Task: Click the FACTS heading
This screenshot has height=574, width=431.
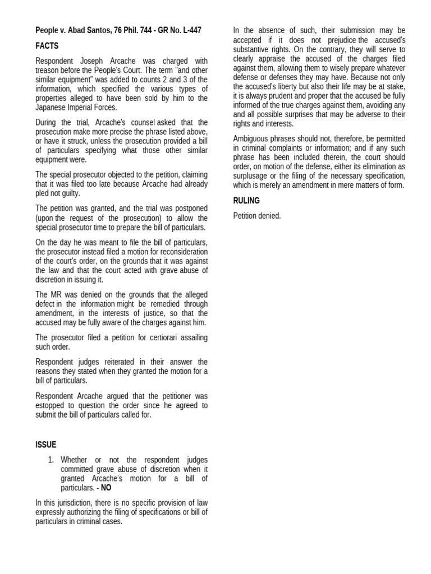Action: [x=47, y=46]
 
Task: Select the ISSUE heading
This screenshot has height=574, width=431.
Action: [x=45, y=445]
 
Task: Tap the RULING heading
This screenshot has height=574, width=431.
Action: [x=246, y=200]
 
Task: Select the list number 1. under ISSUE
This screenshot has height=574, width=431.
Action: [x=51, y=460]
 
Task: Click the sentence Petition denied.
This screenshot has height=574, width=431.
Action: [x=256, y=216]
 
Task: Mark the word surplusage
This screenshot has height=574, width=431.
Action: [x=250, y=175]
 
